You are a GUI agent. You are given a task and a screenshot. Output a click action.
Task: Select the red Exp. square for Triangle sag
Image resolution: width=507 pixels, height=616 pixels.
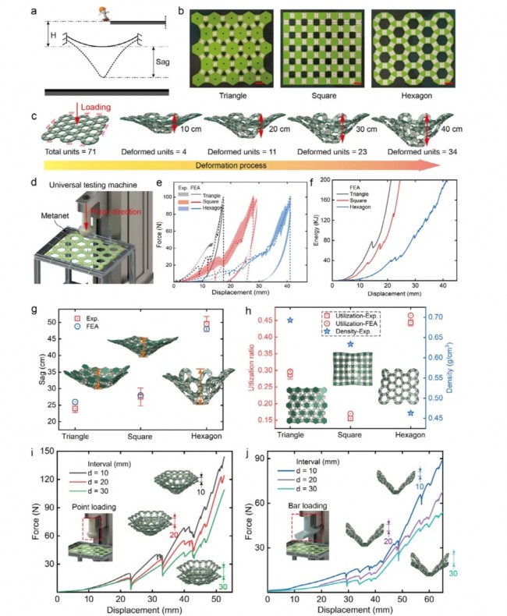pyautogui.click(x=74, y=408)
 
